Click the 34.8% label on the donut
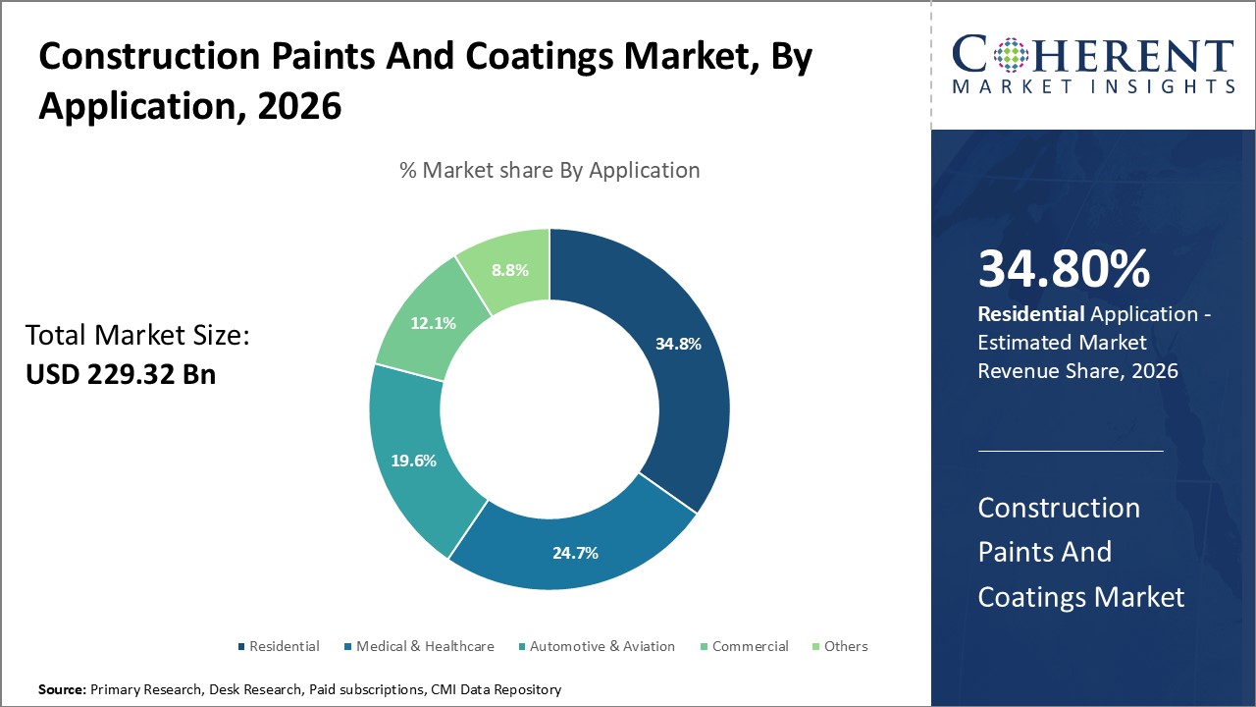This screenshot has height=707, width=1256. tap(678, 344)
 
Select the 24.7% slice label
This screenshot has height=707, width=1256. tap(575, 553)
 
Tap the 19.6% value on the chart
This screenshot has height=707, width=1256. tap(413, 460)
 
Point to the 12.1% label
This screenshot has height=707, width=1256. tap(433, 322)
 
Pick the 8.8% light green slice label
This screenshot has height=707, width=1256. tap(510, 269)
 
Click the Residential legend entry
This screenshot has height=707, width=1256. tap(284, 646)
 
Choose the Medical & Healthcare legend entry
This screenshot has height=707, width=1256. tap(424, 646)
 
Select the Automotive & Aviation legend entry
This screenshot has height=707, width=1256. tap(602, 646)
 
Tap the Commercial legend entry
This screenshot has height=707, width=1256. tap(750, 646)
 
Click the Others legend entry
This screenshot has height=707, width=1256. tap(845, 646)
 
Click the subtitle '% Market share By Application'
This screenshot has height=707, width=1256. tap(549, 170)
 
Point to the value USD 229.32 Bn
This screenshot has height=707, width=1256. tap(121, 374)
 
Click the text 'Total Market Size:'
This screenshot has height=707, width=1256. tap(138, 336)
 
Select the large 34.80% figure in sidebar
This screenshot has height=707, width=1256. tap(1064, 269)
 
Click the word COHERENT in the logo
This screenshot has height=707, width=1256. tap(1093, 56)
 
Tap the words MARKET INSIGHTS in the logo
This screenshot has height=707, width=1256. tap(1093, 87)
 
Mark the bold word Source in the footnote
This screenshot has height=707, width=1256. tap(62, 689)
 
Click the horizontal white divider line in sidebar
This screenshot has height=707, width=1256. tap(1071, 451)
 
